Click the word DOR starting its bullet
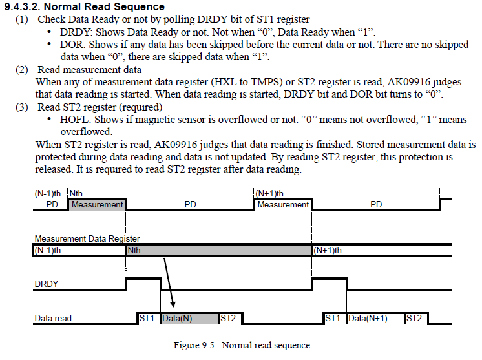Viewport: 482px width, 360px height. click(71, 45)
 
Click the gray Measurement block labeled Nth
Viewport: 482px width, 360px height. click(97, 204)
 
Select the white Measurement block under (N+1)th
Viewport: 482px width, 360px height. click(283, 204)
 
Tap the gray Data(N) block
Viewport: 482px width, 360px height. click(189, 318)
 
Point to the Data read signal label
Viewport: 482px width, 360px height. click(53, 318)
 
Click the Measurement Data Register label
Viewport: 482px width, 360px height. click(87, 238)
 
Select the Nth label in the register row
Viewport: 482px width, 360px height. click(134, 250)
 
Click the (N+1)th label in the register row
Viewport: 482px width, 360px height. click(328, 250)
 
